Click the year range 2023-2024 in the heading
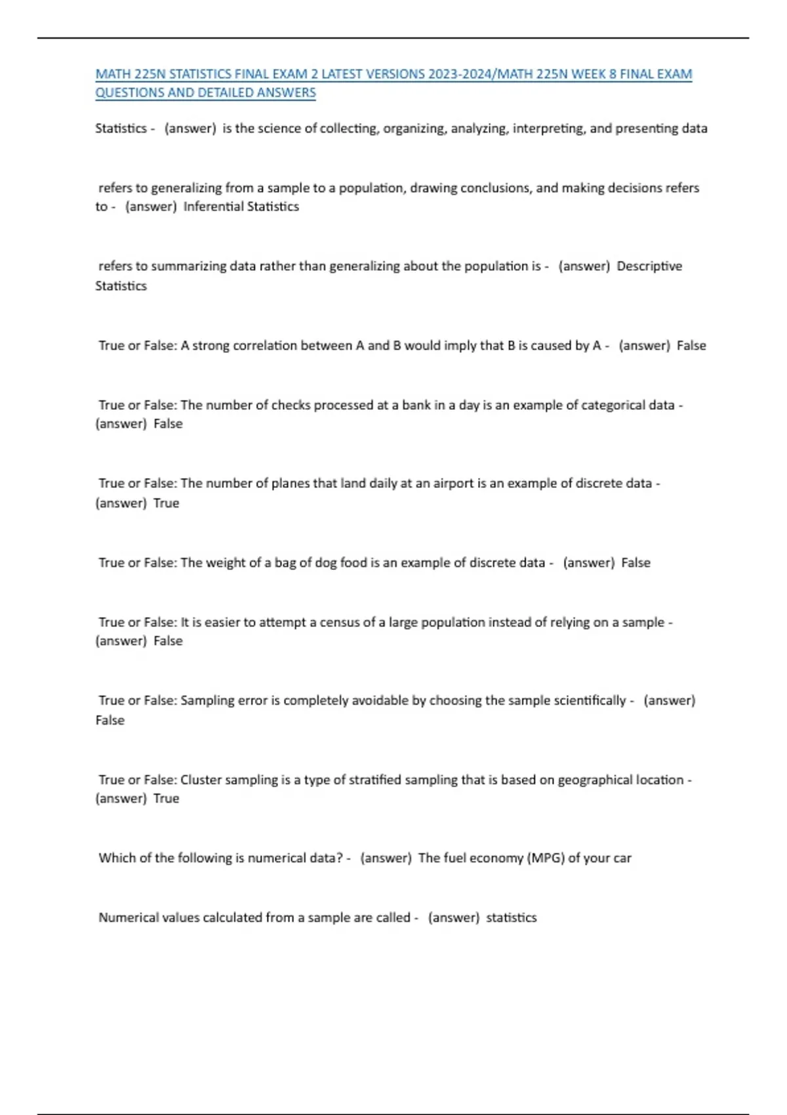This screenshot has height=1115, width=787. (460, 74)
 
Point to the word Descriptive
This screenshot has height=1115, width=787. (649, 266)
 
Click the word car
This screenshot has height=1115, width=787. (622, 858)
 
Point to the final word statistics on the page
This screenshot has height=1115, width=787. (511, 918)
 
